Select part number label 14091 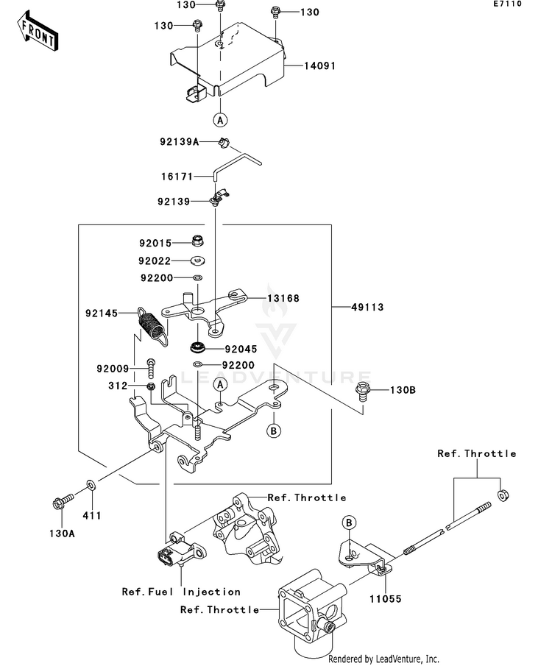319,65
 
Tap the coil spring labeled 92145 152,326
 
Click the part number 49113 367,307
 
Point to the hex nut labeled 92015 197,241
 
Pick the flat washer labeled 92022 197,260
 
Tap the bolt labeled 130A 63,500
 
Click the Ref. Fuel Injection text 182,592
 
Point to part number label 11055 385,599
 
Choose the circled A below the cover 220,120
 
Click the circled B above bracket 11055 349,522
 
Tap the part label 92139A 180,141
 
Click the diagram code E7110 507,4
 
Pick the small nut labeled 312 150,386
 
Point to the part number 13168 283,298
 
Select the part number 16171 177,177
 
